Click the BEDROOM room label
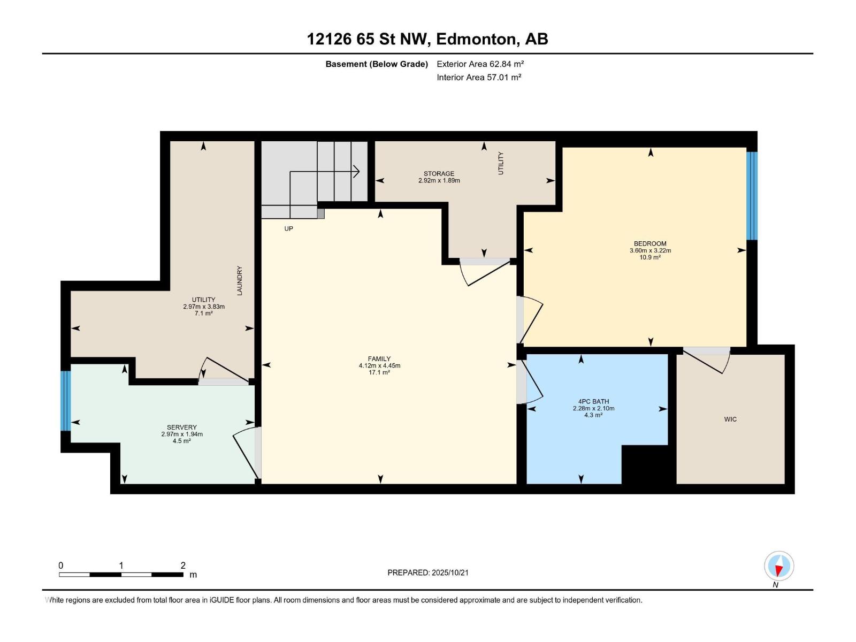(650, 243)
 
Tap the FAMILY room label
(379, 358)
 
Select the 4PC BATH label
(593, 401)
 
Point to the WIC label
(730, 419)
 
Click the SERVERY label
(182, 427)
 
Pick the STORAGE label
(439, 173)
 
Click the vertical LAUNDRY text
(240, 281)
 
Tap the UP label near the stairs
(288, 229)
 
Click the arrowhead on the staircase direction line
(356, 171)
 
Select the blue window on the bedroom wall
(752, 196)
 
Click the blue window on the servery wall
(66, 401)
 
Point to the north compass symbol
(779, 566)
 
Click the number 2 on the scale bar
(183, 565)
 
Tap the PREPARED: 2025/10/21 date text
(428, 572)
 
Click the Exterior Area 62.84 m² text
(480, 64)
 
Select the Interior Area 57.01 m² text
(479, 77)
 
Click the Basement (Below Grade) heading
(377, 64)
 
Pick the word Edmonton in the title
(478, 39)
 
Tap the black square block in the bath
(645, 464)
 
